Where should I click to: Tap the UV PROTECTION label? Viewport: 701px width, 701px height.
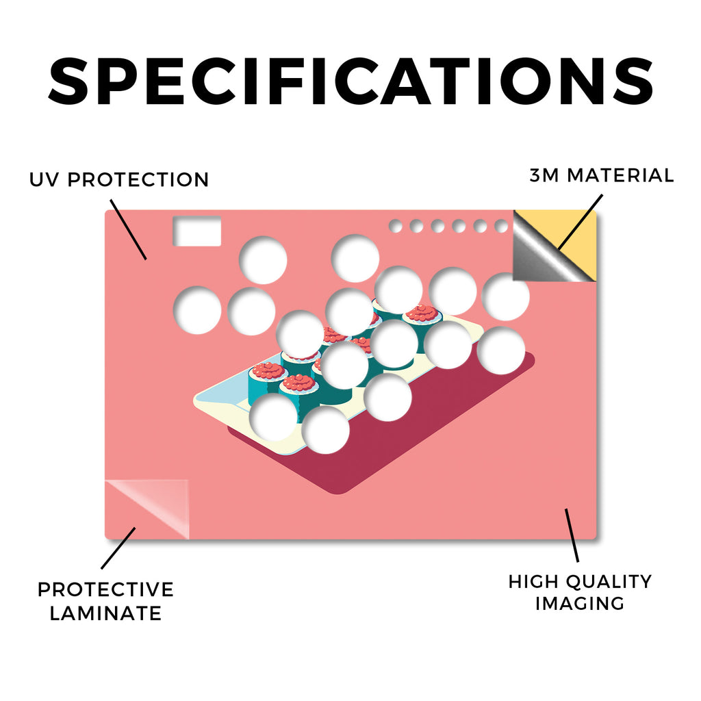[x=119, y=180]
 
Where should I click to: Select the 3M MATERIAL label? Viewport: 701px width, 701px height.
[x=602, y=175]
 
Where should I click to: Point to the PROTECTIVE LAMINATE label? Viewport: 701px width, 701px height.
[x=105, y=601]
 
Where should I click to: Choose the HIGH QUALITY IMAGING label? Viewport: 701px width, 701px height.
[x=580, y=592]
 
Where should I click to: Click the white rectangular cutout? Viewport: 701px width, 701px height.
[x=197, y=231]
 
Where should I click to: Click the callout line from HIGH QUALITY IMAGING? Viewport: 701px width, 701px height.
[x=572, y=535]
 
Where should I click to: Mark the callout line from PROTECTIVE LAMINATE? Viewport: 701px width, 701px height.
[x=118, y=548]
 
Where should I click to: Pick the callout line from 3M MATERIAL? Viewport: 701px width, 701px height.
[x=580, y=222]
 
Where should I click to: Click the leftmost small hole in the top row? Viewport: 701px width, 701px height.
[x=395, y=226]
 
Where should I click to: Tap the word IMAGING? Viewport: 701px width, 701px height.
[x=580, y=603]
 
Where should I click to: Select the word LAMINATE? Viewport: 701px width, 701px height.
[x=105, y=613]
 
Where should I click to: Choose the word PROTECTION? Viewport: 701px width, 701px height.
[x=138, y=180]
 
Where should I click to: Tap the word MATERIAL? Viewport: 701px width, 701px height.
[x=620, y=175]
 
